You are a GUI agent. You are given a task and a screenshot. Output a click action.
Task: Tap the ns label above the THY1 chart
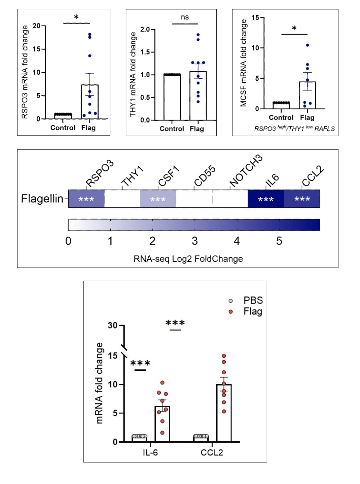pos(185,17)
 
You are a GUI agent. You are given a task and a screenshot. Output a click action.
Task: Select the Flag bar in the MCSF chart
pos(307,95)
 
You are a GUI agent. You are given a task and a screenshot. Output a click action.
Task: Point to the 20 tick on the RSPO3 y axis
pos(36,26)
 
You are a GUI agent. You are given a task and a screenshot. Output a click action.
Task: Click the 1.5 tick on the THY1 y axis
pos(145,52)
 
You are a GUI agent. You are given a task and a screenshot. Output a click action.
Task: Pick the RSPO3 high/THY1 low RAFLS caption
pos(294,128)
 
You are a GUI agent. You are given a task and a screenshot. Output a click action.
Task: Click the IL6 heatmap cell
pos(266,199)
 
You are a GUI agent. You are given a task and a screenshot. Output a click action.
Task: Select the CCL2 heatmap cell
pos(302,199)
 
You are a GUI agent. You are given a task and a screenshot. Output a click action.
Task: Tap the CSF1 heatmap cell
pos(158,199)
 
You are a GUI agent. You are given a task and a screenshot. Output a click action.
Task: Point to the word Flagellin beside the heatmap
pos(42,199)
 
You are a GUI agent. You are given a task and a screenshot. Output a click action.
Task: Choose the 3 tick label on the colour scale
pos(195,241)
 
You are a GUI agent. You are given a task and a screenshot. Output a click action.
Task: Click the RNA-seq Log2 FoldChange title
pos(188,259)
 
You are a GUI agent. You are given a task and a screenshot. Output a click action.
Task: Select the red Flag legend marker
pos(231,312)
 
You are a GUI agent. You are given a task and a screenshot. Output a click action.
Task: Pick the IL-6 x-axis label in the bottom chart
pos(150,452)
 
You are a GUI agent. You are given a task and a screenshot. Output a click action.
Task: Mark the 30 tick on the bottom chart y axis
pos(113,325)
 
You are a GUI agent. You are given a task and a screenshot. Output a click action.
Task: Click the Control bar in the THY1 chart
pos(172,97)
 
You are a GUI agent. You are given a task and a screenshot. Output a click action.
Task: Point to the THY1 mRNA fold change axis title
pos(133,74)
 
